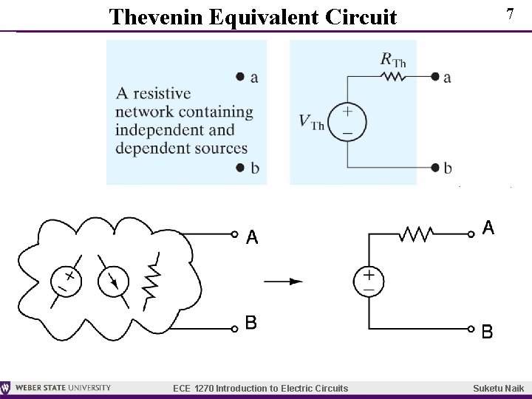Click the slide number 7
pyautogui.click(x=509, y=14)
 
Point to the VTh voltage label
pyautogui.click(x=311, y=121)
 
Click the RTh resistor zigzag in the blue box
pyautogui.click(x=393, y=76)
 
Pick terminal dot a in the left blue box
pyautogui.click(x=239, y=77)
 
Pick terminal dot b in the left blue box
pyautogui.click(x=239, y=168)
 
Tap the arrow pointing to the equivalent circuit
pyautogui.click(x=284, y=281)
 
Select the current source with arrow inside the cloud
pyautogui.click(x=113, y=282)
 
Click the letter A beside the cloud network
pyautogui.click(x=253, y=237)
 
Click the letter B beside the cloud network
pyautogui.click(x=252, y=323)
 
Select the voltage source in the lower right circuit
pyautogui.click(x=368, y=282)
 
